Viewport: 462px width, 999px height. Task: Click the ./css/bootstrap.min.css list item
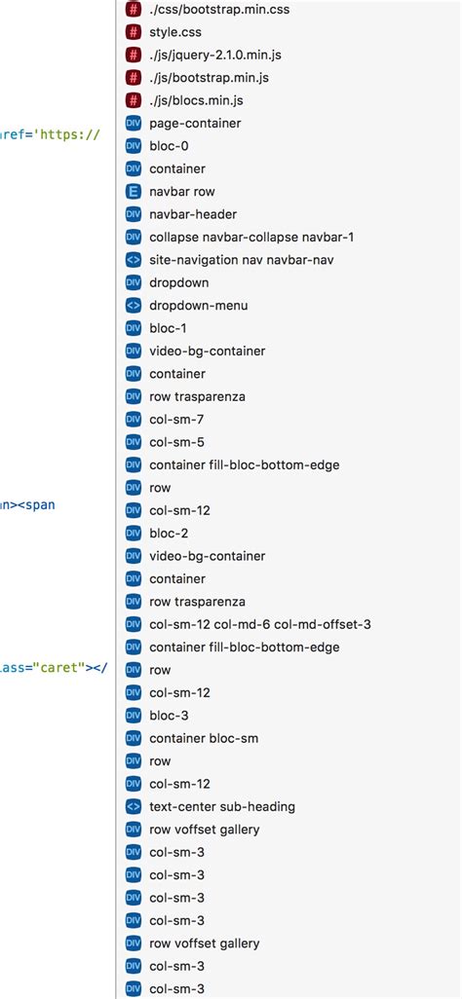click(x=219, y=10)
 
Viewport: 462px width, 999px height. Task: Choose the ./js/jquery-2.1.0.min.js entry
click(x=214, y=55)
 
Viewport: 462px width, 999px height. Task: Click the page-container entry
click(x=195, y=124)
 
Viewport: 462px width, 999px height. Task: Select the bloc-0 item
click(x=170, y=146)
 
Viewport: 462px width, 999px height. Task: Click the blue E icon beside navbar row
click(x=134, y=192)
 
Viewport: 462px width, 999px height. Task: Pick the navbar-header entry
click(x=193, y=214)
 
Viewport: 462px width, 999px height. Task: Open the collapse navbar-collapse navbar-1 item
click(x=251, y=238)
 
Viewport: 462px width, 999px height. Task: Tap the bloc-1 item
click(x=170, y=328)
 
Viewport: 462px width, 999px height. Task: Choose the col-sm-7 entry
click(x=175, y=420)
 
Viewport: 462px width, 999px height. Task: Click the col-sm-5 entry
click(x=175, y=442)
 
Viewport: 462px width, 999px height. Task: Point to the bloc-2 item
click(x=170, y=534)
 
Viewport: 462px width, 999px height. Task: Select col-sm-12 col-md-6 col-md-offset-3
click(x=259, y=624)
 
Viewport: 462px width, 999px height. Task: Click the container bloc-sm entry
click(x=203, y=738)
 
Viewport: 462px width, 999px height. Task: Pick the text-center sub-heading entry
click(x=222, y=806)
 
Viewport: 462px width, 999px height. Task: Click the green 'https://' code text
click(x=67, y=134)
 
